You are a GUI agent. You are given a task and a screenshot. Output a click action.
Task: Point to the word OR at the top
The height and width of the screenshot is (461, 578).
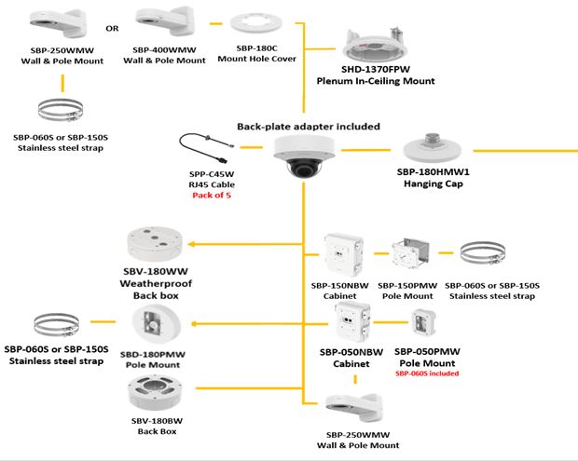pyautogui.click(x=112, y=28)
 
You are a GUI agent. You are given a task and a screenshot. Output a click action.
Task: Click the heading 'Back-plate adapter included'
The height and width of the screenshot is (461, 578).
pyautogui.click(x=308, y=126)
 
